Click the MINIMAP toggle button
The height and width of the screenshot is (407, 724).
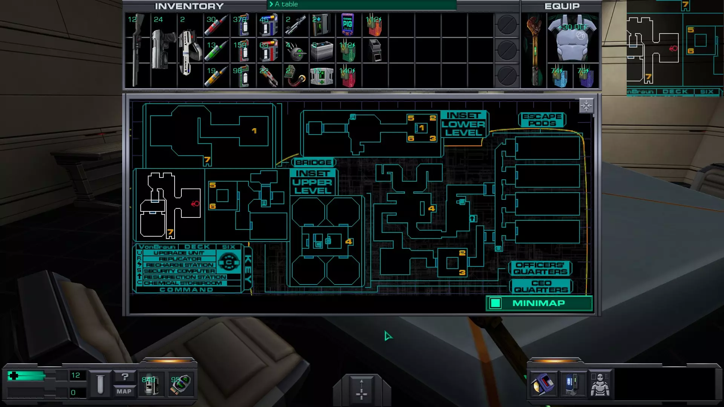[538, 303]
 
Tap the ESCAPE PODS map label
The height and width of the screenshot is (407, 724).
[542, 120]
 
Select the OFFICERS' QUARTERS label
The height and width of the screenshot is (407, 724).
[540, 268]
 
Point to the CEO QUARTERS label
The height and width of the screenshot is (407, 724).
[541, 286]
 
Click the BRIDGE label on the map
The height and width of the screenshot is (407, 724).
[313, 162]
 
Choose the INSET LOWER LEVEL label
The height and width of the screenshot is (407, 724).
[463, 124]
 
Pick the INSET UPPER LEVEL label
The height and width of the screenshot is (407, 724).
[313, 182]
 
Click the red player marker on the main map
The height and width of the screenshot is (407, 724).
[195, 204]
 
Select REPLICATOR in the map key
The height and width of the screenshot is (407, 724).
[180, 259]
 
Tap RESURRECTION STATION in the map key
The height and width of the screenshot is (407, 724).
[184, 277]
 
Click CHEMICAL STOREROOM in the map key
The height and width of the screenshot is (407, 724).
[183, 283]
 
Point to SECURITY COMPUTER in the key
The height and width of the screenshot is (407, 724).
[179, 271]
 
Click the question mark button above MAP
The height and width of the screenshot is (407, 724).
[125, 376]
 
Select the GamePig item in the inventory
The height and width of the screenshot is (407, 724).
[347, 24]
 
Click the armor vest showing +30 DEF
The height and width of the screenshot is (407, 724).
[572, 38]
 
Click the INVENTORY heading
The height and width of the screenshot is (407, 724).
[189, 6]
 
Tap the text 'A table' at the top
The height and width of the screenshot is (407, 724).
[286, 4]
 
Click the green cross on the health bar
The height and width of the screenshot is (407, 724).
[14, 376]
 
